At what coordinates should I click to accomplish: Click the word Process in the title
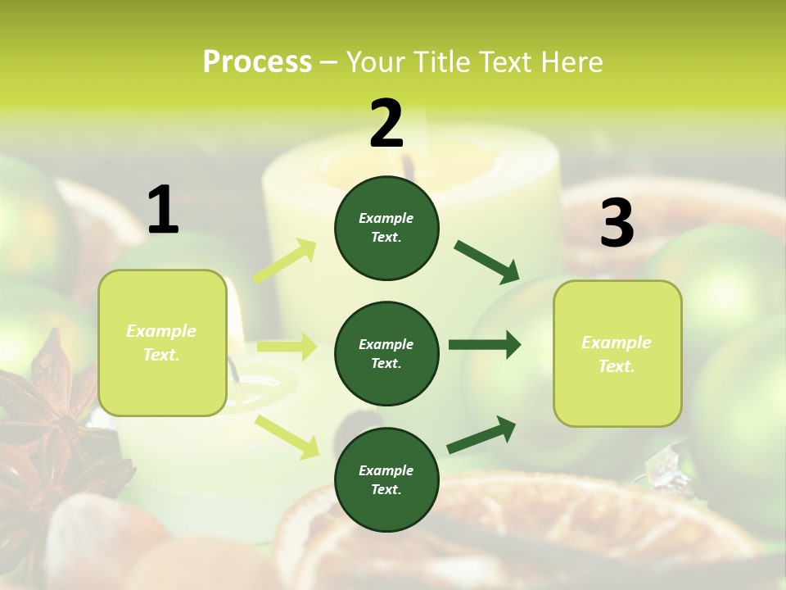coord(257,62)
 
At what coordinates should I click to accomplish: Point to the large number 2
coord(386,124)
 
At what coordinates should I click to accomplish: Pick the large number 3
coord(617,224)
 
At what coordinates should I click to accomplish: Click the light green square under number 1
coord(162,343)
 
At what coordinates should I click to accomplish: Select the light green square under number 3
coord(617,354)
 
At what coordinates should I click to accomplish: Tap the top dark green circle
coord(386,228)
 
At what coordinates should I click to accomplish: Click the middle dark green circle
coord(386,353)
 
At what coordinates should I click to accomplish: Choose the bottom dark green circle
coord(386,479)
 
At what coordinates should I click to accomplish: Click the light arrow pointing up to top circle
coord(285,261)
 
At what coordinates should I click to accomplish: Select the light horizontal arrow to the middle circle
coord(287,347)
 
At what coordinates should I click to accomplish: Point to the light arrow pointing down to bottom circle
coord(287,436)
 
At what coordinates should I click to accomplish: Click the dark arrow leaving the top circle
coord(486,261)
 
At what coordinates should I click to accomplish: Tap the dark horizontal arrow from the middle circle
coord(484,344)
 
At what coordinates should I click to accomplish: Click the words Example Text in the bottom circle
coord(386,479)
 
